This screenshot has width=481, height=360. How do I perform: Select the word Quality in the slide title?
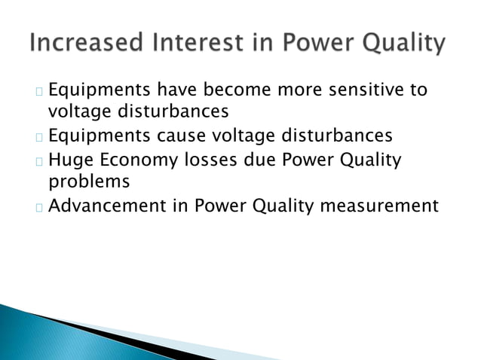point(399,44)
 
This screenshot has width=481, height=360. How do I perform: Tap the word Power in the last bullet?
point(219,205)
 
